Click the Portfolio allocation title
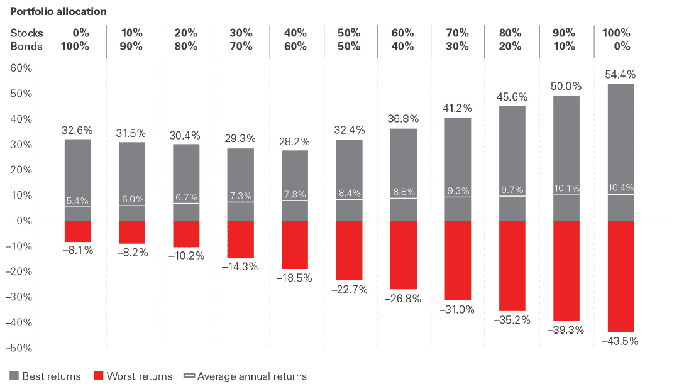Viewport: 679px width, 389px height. [58, 12]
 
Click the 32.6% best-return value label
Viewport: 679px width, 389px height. [77, 131]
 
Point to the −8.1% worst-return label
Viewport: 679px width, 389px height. [77, 250]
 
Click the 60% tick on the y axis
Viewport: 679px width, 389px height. [21, 68]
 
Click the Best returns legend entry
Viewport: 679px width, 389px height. [45, 376]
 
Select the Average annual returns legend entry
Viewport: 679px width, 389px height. [245, 376]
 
